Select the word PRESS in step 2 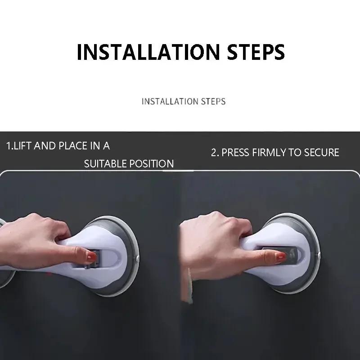point(235,153)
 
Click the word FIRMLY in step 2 point(269,153)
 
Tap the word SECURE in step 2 point(321,153)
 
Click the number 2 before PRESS point(214,153)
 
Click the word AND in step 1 point(47,146)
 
